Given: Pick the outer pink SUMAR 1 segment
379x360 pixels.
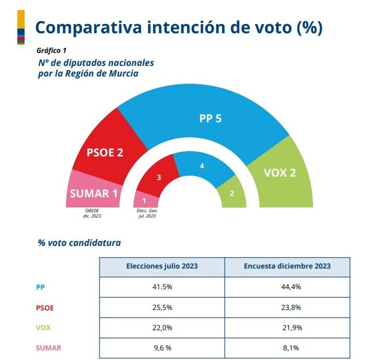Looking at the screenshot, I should pyautogui.click(x=93, y=193).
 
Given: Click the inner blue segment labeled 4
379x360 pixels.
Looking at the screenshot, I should pyautogui.click(x=202, y=166).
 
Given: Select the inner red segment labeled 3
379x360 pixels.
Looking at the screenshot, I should pyautogui.click(x=159, y=178).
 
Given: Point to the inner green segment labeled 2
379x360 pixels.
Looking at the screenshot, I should pyautogui.click(x=232, y=193).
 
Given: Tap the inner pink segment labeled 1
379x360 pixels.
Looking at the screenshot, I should pyautogui.click(x=144, y=200).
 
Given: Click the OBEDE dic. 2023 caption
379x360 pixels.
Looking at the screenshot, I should pyautogui.click(x=93, y=213).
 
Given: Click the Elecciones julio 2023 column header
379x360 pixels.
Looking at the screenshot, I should pyautogui.click(x=162, y=266).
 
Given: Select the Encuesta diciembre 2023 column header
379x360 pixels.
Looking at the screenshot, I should pyautogui.click(x=287, y=266).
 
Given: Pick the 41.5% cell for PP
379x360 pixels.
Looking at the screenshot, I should pyautogui.click(x=162, y=287).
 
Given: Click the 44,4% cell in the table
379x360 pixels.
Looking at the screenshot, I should pyautogui.click(x=287, y=287).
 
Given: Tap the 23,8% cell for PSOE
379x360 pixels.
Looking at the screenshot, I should pyautogui.click(x=287, y=307).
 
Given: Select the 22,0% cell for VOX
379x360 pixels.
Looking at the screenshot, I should pyautogui.click(x=162, y=328).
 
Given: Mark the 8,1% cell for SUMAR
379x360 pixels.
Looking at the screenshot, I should pyautogui.click(x=287, y=347).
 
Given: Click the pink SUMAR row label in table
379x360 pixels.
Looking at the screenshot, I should pyautogui.click(x=48, y=347).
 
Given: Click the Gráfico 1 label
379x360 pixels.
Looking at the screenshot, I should pyautogui.click(x=52, y=50).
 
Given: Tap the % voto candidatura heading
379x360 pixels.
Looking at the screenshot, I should pyautogui.click(x=79, y=242).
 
